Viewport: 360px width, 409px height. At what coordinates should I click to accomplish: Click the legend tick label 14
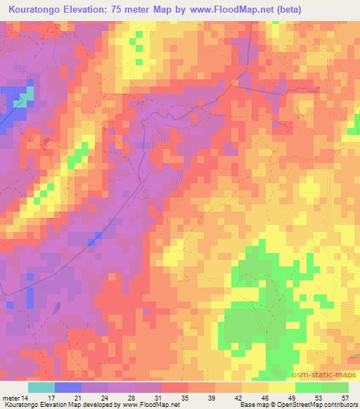pyautogui.click(x=27, y=397)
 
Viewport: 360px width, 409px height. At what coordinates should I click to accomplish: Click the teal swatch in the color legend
pyautogui.click(x=41, y=387)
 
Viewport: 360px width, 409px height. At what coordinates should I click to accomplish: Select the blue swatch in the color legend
pyautogui.click(x=67, y=387)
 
